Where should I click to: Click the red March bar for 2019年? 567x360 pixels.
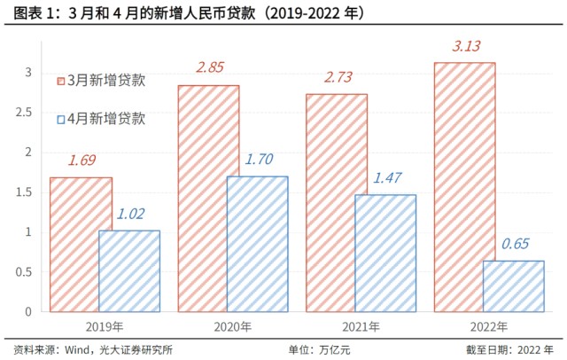81,245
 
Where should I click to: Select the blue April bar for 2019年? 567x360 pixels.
129,271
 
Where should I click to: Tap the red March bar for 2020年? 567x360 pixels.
208,199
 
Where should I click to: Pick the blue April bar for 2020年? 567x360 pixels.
257,244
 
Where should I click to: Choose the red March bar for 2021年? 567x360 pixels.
337,203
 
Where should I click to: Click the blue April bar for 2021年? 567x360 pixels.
384,254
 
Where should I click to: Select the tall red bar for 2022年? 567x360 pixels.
464,187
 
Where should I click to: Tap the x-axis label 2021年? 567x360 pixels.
360,326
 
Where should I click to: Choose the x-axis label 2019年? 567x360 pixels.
105,326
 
